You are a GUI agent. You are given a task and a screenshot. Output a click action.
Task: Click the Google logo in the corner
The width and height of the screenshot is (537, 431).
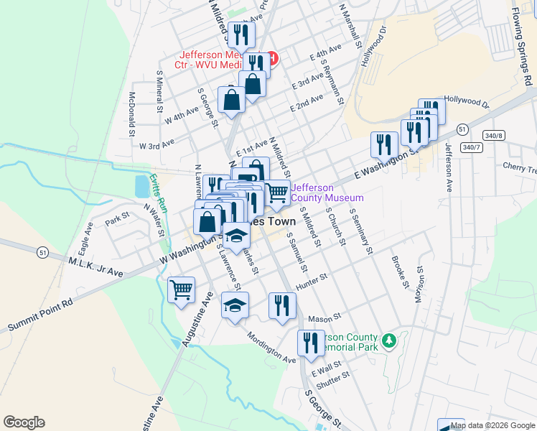(24, 422)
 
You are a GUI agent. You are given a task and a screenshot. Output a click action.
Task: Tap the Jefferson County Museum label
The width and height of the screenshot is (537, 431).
(327, 193)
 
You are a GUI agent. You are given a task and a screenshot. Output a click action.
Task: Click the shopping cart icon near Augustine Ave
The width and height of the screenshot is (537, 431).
(182, 289)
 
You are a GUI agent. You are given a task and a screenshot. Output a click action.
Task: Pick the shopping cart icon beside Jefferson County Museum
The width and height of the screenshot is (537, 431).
(278, 192)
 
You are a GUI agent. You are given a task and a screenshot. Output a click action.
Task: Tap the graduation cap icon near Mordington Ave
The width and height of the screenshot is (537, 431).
(235, 305)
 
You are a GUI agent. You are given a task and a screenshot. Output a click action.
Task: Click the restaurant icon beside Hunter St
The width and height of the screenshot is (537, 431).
(282, 305)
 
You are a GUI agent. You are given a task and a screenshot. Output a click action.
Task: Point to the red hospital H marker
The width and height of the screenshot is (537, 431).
(272, 58)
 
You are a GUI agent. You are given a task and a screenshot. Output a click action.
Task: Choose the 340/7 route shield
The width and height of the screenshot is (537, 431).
(471, 147)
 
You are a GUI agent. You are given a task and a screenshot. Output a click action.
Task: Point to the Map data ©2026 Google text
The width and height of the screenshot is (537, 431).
(492, 425)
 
